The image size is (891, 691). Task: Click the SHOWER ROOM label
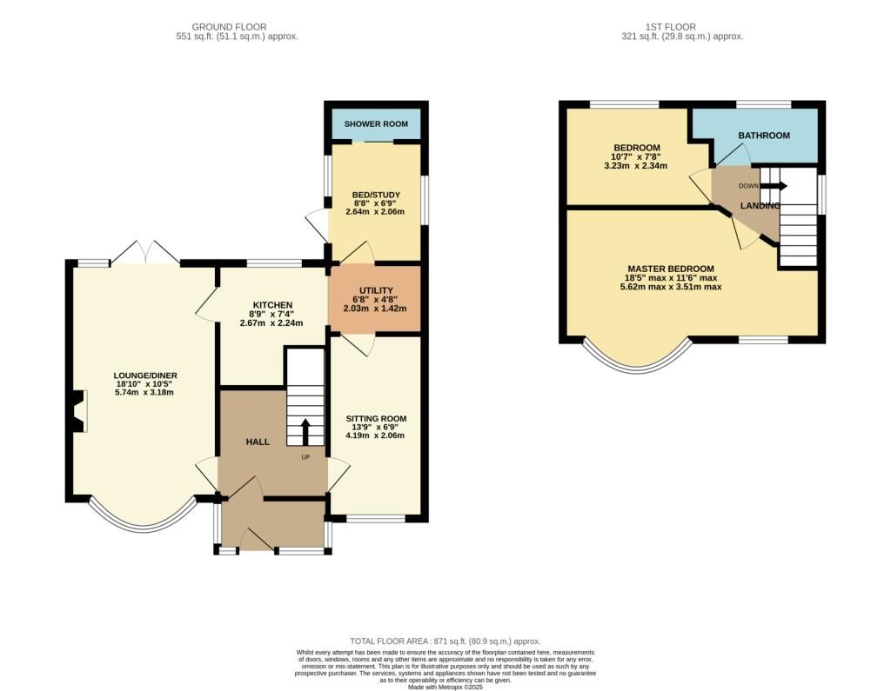click(x=376, y=123)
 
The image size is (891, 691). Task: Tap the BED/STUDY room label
click(x=376, y=195)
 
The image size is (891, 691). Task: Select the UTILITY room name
click(x=376, y=290)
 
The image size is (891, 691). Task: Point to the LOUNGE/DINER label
click(x=145, y=375)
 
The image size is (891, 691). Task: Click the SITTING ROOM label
click(x=376, y=418)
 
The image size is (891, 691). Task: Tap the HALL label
click(x=258, y=442)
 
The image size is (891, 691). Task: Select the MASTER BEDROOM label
click(x=671, y=269)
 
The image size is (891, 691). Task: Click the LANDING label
click(x=760, y=205)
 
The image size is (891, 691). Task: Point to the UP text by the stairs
click(x=305, y=457)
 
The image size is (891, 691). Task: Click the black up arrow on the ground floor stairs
click(x=305, y=431)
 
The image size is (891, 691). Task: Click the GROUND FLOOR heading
click(x=229, y=27)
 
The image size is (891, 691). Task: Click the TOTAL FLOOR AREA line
click(x=445, y=641)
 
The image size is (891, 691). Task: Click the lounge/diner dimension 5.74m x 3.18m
click(x=144, y=392)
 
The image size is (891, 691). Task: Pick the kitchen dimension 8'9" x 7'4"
click(x=272, y=315)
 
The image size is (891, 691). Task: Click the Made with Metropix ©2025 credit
click(x=445, y=687)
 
